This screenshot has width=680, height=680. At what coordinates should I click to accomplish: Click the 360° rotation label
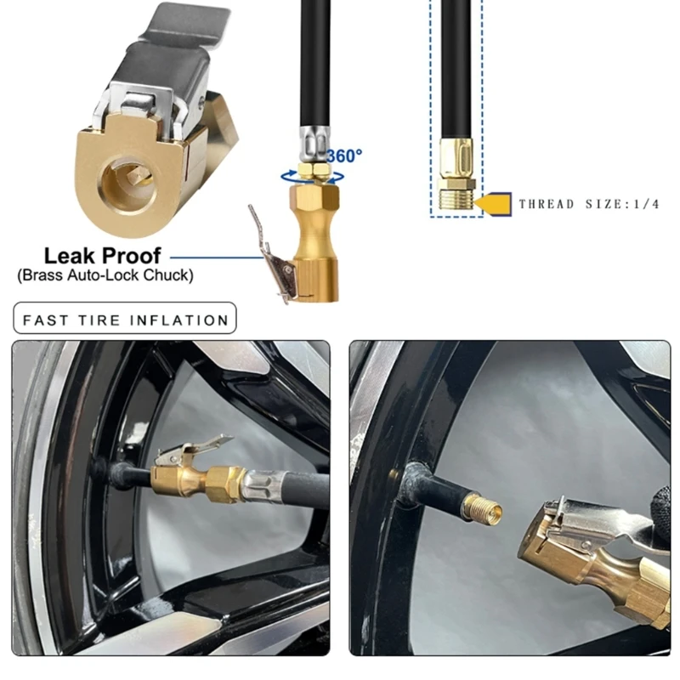pos(344,156)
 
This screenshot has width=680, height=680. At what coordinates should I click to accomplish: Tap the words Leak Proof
pos(103,256)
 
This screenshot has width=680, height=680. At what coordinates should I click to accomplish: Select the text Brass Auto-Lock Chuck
pos(105,275)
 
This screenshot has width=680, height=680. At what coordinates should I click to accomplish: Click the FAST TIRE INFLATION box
pos(125,318)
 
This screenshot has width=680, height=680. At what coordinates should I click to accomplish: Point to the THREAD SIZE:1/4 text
pos(589,204)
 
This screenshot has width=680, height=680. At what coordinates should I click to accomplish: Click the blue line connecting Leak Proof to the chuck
pos(218,258)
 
